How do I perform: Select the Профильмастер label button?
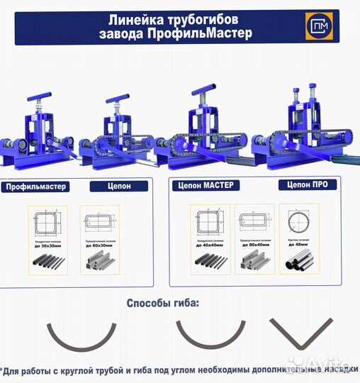pyautogui.click(x=35, y=187)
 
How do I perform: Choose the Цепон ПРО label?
pyautogui.click(x=307, y=184)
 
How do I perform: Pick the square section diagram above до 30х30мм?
pyautogui.click(x=46, y=221)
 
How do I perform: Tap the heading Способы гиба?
pyautogui.click(x=163, y=304)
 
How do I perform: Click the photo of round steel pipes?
pyautogui.click(x=302, y=264)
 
